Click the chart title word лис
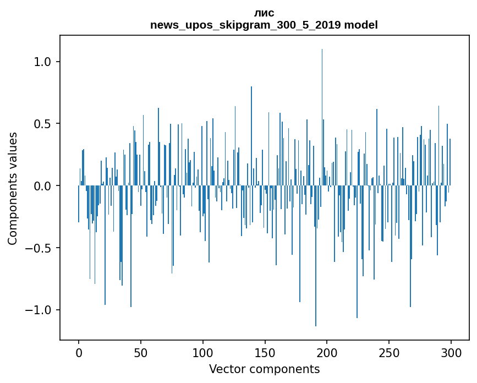tap(264, 13)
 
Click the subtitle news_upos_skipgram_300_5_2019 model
tap(264, 25)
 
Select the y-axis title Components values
tap(13, 188)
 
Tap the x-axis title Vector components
tap(264, 369)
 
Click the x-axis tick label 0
tap(79, 352)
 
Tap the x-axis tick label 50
tap(141, 352)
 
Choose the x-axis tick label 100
tap(203, 352)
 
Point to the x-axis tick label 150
tap(265, 352)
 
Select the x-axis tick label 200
tap(327, 352)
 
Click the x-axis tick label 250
tap(389, 352)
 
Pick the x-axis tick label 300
tap(451, 352)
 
